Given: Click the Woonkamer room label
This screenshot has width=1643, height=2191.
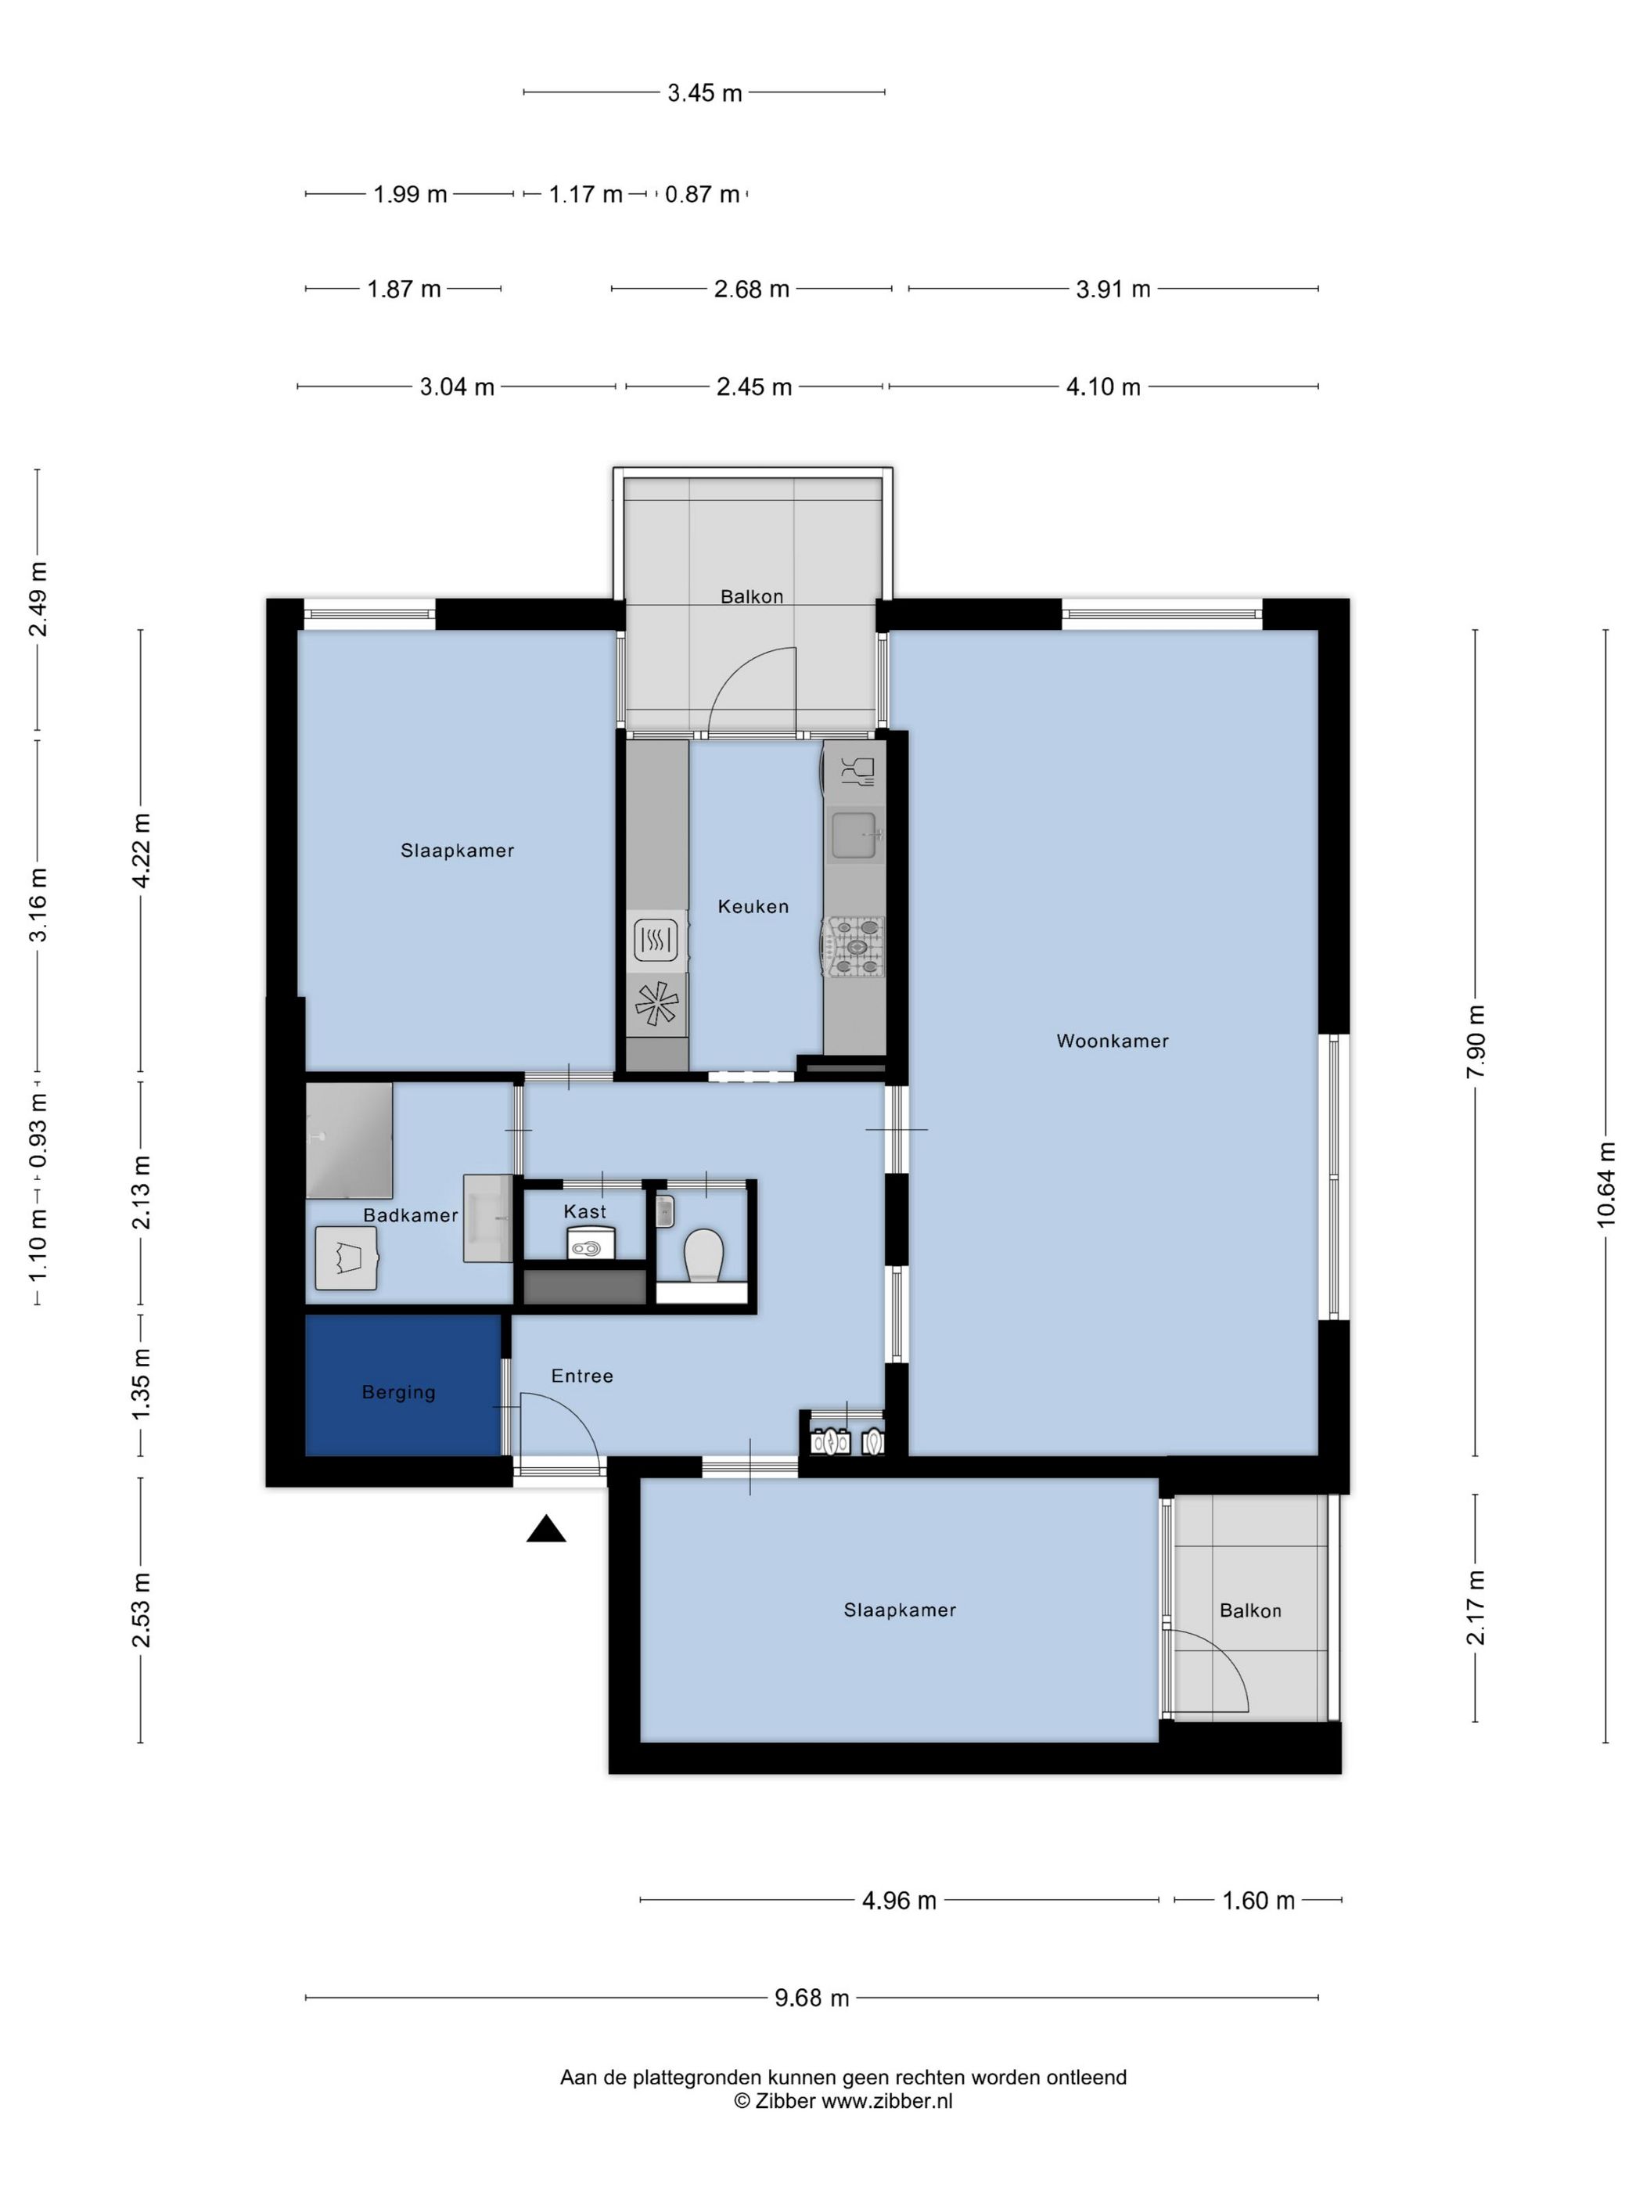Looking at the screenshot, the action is tap(1113, 1041).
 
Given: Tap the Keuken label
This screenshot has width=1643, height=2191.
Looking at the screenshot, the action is tap(753, 906).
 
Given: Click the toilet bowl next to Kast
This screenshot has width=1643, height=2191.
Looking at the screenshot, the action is tap(704, 1255).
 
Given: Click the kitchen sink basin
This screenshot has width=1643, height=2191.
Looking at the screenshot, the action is tap(853, 834).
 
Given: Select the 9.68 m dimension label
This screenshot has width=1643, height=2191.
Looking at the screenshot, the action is tap(812, 1998).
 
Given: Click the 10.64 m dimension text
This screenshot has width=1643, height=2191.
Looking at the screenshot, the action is tap(1605, 1184).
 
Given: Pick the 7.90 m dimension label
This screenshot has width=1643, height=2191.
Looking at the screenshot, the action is tap(1476, 1042).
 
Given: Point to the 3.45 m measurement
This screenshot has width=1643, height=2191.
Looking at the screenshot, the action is tap(704, 93).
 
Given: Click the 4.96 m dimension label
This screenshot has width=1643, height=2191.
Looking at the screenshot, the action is tap(899, 1901).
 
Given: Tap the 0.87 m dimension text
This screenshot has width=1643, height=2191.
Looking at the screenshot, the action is tap(702, 194).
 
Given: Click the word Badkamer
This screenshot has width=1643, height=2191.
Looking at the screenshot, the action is tap(410, 1215).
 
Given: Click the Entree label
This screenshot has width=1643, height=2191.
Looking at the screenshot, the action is tap(582, 1376).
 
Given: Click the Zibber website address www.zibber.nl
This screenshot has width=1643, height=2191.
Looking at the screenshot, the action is tap(886, 2101).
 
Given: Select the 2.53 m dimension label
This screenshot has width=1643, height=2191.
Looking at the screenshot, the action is tap(142, 1610).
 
